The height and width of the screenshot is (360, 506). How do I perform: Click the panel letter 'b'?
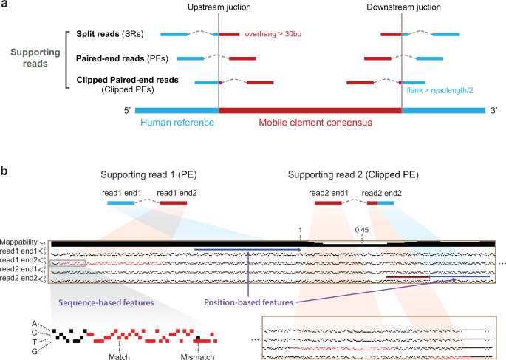(5, 171)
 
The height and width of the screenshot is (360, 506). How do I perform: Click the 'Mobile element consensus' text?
(310, 124)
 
